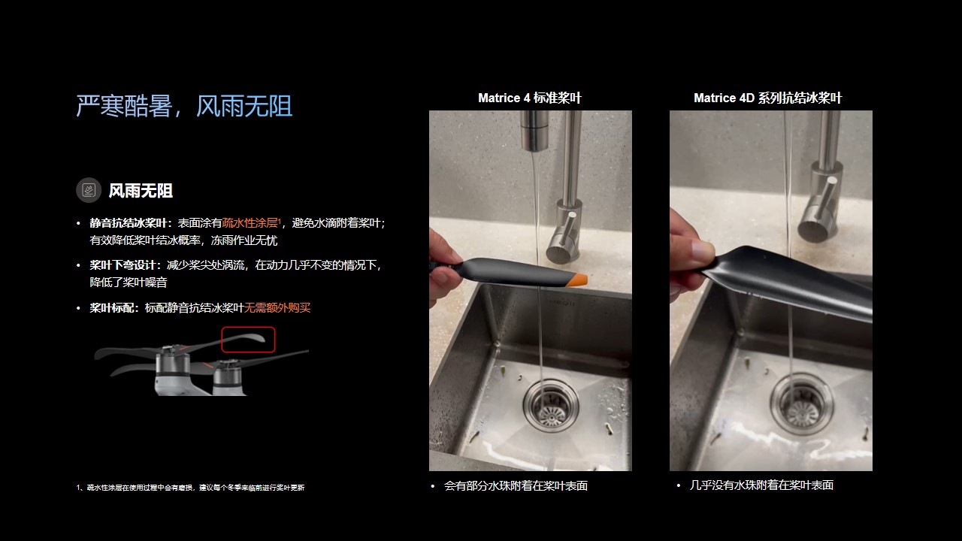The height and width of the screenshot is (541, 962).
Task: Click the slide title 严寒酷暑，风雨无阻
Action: (x=184, y=106)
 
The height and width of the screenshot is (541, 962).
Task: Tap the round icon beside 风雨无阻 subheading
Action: (x=89, y=190)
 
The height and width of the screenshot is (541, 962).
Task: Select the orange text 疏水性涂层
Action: (x=250, y=223)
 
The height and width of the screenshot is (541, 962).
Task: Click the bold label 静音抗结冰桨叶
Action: (x=128, y=223)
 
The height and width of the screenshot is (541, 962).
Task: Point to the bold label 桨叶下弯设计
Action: (x=123, y=265)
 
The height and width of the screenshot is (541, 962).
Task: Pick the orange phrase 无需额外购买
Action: (x=277, y=307)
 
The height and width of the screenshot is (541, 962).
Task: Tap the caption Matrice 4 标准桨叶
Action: (x=530, y=98)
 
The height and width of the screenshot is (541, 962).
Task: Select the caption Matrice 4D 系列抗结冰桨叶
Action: (x=768, y=98)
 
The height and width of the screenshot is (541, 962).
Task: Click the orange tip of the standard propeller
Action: (x=576, y=280)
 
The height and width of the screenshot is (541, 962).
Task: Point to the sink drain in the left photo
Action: (x=551, y=406)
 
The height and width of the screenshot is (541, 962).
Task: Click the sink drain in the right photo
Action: (x=801, y=405)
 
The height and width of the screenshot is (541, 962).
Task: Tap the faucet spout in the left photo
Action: (x=534, y=131)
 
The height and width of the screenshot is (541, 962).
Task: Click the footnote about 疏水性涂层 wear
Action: (x=190, y=488)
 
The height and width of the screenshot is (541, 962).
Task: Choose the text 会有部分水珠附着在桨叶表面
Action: (x=516, y=485)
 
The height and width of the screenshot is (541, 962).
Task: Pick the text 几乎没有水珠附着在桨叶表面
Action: (x=761, y=485)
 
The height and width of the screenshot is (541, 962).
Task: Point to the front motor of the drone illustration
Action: (x=227, y=378)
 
